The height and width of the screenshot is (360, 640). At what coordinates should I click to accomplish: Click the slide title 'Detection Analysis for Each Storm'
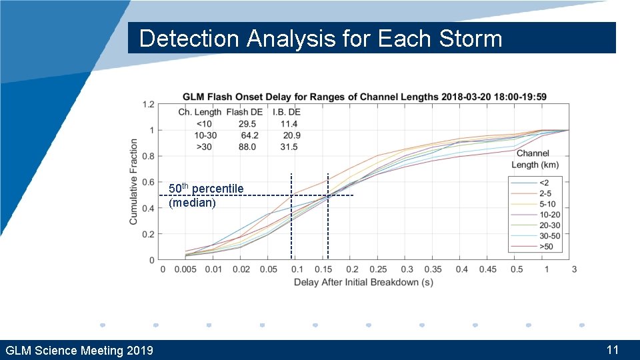tap(320, 39)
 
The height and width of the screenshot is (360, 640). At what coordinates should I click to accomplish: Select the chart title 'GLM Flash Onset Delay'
tap(364, 97)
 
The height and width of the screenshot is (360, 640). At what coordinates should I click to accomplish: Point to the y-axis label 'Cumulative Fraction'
tap(134, 181)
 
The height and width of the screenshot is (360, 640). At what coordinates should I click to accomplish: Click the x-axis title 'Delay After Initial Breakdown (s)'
tap(363, 282)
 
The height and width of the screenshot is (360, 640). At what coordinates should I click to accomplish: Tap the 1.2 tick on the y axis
tap(149, 105)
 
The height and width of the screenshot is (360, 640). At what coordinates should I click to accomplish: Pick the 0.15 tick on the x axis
tap(323, 269)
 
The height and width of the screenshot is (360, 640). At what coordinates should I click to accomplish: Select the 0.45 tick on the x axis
tap(487, 269)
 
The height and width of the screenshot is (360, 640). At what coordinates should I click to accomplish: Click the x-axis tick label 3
tap(574, 269)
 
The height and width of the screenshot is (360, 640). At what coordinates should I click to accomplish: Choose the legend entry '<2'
tap(545, 183)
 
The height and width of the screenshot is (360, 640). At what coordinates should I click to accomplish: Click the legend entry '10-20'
tap(549, 215)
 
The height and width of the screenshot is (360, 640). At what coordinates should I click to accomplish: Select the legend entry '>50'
tap(545, 247)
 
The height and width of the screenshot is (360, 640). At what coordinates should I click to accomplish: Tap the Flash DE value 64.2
tap(250, 135)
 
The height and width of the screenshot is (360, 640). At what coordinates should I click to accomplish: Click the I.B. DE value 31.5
tap(289, 147)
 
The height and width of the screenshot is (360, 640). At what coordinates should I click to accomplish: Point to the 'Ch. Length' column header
tap(199, 112)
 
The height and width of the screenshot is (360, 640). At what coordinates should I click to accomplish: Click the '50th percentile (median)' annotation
tap(206, 195)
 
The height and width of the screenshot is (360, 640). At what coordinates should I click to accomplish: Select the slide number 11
tap(613, 349)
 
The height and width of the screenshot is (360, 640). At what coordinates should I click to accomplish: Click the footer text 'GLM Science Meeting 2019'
tap(79, 351)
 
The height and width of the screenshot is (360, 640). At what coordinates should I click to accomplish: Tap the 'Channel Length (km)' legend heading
tap(535, 159)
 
